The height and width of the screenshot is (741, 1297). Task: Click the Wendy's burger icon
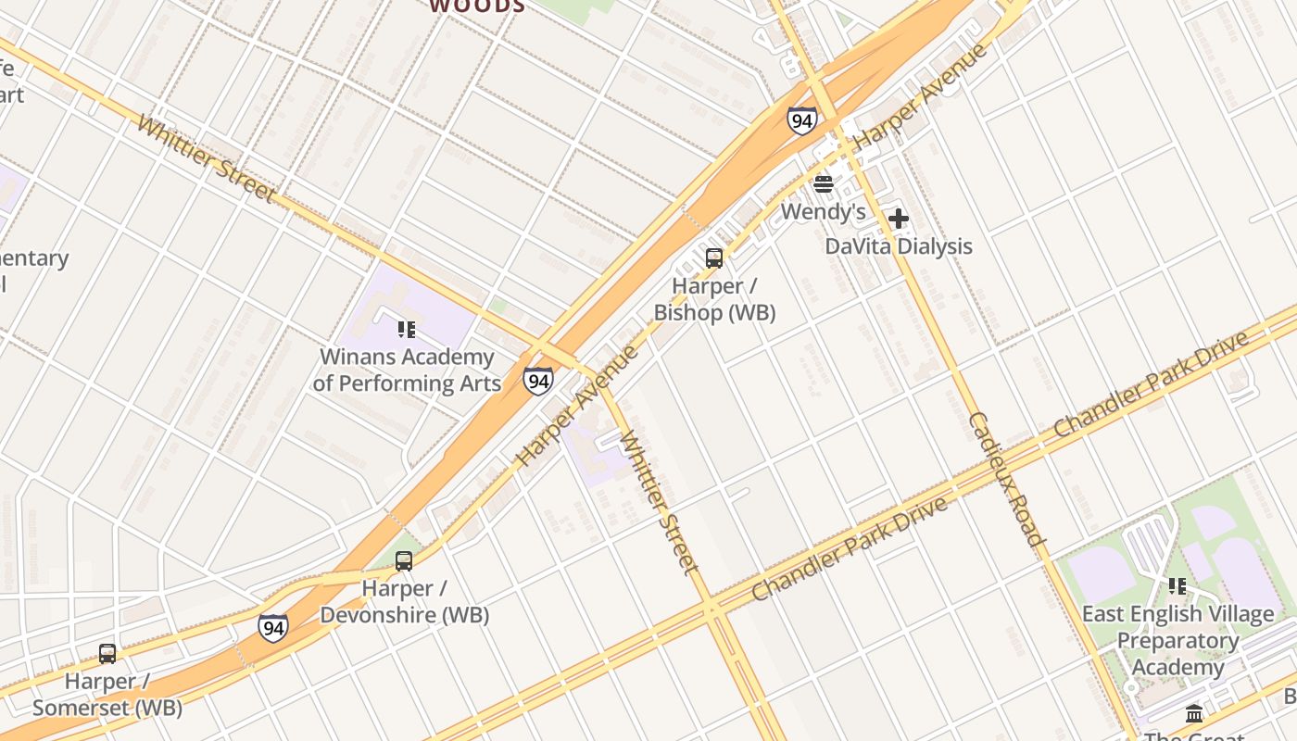(823, 184)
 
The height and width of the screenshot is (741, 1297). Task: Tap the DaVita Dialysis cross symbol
(898, 220)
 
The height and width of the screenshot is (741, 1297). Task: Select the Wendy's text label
(823, 212)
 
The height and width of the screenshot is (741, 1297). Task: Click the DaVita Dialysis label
(899, 246)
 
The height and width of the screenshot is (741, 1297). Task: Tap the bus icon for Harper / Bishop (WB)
(713, 258)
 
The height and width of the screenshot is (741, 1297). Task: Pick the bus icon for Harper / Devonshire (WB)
(404, 560)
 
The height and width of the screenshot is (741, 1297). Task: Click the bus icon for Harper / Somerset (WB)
(107, 654)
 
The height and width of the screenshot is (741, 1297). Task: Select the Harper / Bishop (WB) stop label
(714, 299)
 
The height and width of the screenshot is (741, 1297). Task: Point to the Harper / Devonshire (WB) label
(404, 601)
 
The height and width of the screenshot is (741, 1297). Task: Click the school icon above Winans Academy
(406, 329)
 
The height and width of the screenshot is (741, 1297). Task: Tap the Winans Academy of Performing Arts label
(407, 370)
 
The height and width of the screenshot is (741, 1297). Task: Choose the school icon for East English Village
(1177, 585)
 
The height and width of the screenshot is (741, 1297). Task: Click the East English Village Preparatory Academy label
(1177, 640)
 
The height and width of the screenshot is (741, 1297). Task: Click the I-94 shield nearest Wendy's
(802, 120)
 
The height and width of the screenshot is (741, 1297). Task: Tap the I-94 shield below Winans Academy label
(537, 381)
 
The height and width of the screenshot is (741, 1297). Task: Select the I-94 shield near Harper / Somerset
(272, 627)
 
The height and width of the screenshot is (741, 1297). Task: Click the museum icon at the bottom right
(1194, 713)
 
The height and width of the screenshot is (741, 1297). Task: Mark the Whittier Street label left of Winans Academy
(205, 158)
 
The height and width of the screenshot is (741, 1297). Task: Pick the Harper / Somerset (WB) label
(107, 695)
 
